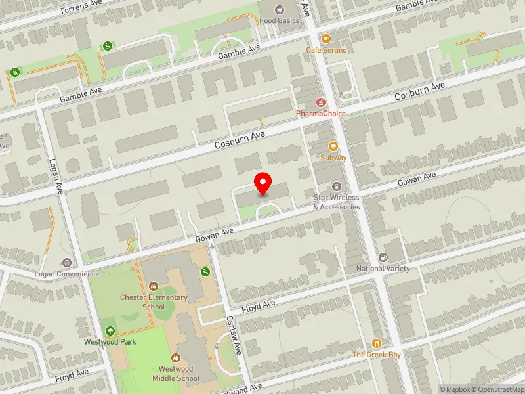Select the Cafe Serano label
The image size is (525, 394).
coord(326,50)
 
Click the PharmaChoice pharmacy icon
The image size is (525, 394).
coord(321,102)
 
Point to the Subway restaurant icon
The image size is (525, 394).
coord(333,146)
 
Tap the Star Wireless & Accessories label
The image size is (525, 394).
coord(336,202)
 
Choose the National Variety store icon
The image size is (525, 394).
coord(383,257)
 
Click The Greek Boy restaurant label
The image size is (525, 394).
coord(377,355)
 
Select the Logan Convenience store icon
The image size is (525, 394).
coord(66,263)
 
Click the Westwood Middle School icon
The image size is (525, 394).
coord(175,358)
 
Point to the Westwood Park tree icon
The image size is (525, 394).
coord(109,330)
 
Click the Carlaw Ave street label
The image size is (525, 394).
coord(232,335)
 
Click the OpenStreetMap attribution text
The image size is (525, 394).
coord(497,389)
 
